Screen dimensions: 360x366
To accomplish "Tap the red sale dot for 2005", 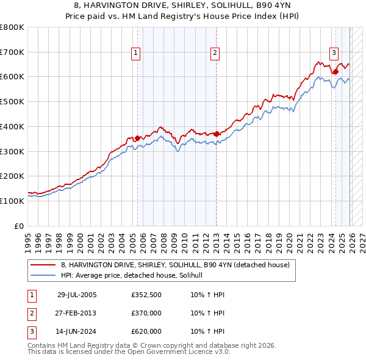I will (x=137, y=138).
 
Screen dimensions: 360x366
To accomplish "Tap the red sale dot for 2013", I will (x=217, y=134).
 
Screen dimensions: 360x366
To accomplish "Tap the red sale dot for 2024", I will (x=335, y=72).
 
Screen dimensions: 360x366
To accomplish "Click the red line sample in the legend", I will (x=43, y=265).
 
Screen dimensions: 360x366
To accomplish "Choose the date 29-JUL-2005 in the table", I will (x=77, y=295).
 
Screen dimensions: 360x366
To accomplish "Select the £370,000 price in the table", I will (x=146, y=313).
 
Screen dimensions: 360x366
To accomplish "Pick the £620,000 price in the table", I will (x=146, y=331).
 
